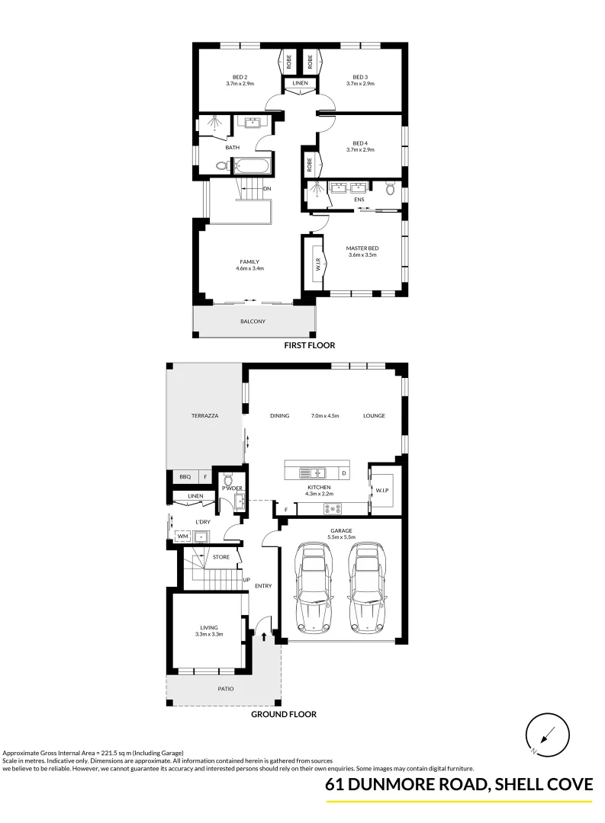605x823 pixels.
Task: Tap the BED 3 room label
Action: pyautogui.click(x=360, y=76)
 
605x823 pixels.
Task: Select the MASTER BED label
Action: pyautogui.click(x=363, y=248)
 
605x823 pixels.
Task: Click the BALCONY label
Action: pyautogui.click(x=253, y=322)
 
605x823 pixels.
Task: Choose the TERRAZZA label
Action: pyautogui.click(x=204, y=416)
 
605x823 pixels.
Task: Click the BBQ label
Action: pyautogui.click(x=185, y=476)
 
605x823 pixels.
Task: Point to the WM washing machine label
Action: pyautogui.click(x=182, y=537)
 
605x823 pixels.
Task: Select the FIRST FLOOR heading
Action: pyautogui.click(x=309, y=345)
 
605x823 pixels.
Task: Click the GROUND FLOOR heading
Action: pyautogui.click(x=284, y=715)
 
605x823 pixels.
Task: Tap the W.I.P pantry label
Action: pyautogui.click(x=381, y=490)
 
